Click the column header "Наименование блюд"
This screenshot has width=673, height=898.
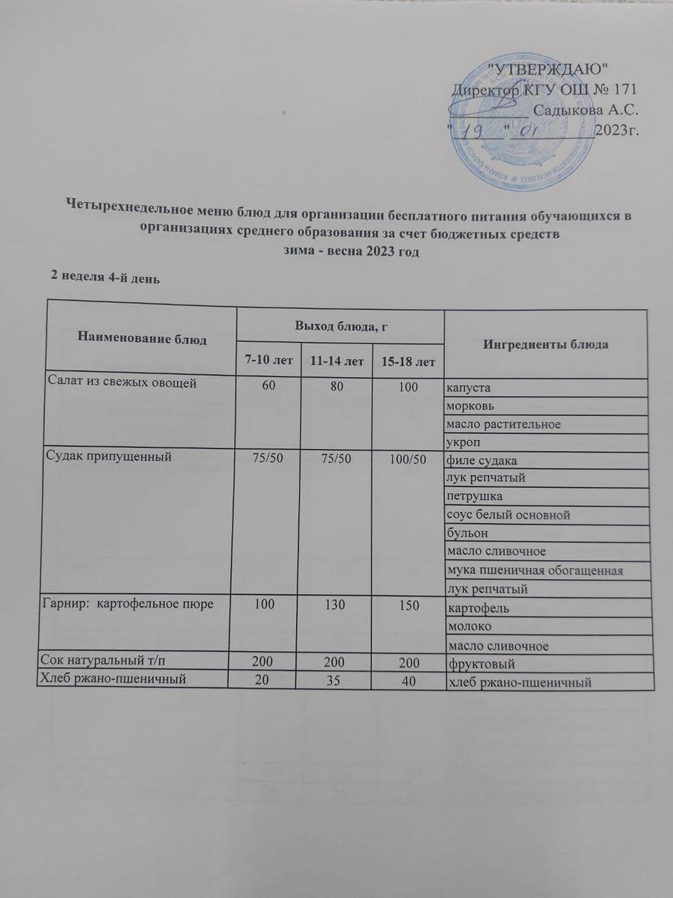tap(141, 339)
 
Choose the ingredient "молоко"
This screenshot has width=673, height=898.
tap(469, 626)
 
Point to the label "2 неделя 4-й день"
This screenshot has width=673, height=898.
tap(104, 277)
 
